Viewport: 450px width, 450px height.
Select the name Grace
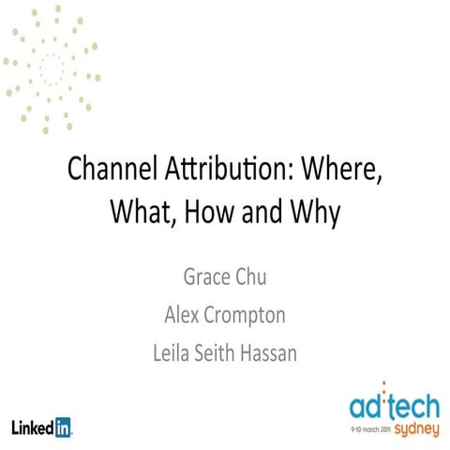pos(208,278)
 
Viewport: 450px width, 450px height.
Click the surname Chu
pos(259,278)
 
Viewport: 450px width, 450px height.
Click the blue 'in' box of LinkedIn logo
pos(64,427)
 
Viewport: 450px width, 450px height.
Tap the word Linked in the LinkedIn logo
pos(32,427)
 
